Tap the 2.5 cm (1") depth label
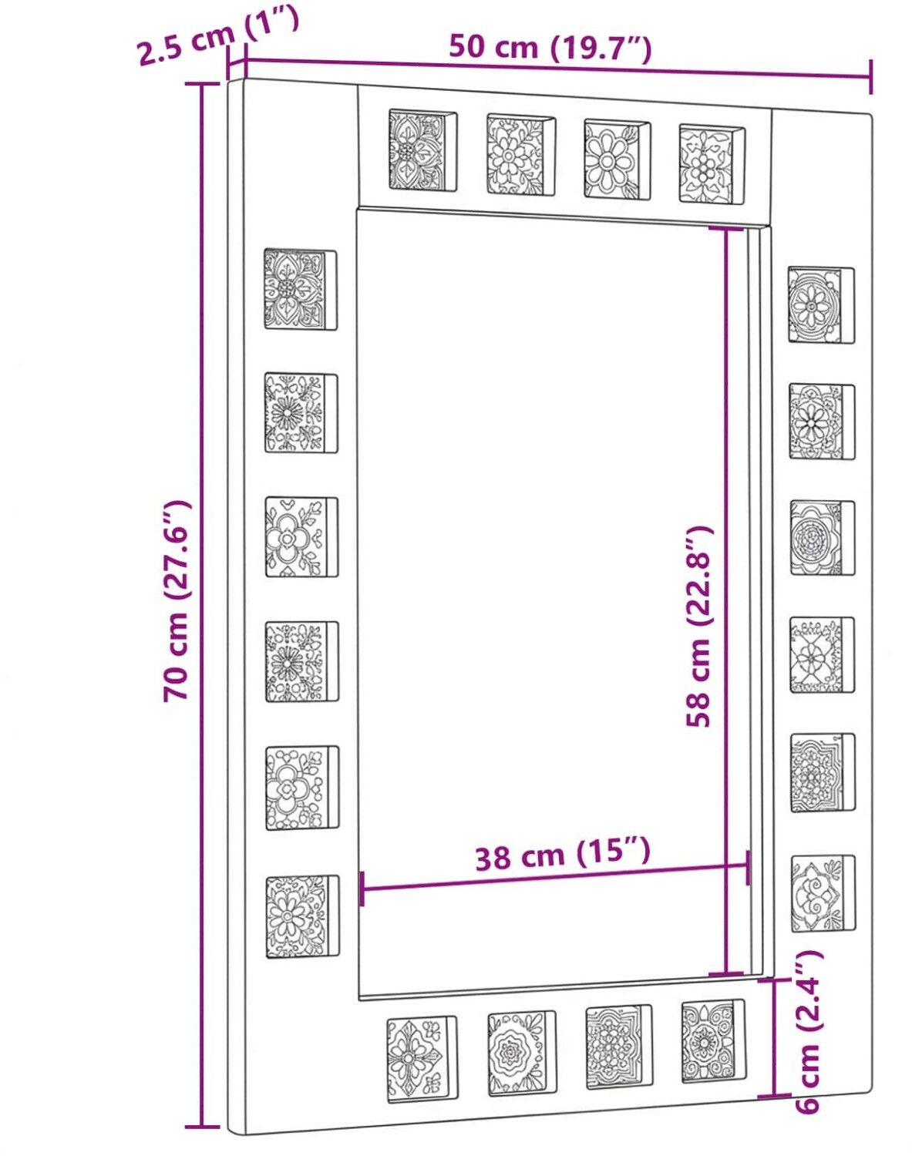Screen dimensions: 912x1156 (217, 36)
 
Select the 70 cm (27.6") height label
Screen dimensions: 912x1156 (177, 601)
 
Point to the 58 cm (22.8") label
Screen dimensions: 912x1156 (700, 627)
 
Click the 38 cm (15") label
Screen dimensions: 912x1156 (563, 854)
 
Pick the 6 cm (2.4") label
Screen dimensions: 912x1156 (808, 1024)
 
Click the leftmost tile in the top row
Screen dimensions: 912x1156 (423, 150)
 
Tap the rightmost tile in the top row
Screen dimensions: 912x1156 (712, 164)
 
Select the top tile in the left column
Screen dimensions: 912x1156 (301, 288)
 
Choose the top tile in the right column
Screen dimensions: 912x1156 (821, 304)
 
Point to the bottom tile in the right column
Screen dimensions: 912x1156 (823, 893)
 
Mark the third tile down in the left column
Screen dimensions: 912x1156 (301, 537)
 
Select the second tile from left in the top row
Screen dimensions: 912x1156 (521, 154)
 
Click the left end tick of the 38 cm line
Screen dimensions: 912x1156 (362, 889)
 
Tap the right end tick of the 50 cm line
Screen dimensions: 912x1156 (870, 77)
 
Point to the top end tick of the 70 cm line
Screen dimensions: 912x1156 (202, 84)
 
